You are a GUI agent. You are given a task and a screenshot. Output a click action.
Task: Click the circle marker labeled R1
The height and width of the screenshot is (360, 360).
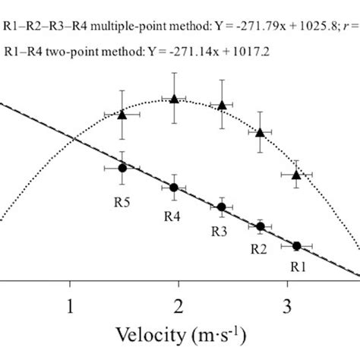point(296,245)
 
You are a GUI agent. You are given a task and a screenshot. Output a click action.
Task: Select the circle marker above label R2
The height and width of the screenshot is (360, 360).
point(261,226)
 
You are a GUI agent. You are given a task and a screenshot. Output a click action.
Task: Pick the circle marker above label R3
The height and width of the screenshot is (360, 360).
point(221,207)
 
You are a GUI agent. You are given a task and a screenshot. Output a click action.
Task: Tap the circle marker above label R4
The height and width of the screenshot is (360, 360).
point(174,188)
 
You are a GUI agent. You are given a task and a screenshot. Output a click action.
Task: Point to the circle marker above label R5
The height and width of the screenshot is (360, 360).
point(122,168)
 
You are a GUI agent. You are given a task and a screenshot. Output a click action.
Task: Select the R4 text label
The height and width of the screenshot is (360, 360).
point(173,216)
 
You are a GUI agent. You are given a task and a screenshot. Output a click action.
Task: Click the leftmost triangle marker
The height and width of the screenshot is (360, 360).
point(122,115)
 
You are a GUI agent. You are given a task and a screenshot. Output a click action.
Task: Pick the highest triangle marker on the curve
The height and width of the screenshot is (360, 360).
point(175,99)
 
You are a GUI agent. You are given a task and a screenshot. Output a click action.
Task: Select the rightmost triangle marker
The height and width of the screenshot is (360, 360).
point(296,175)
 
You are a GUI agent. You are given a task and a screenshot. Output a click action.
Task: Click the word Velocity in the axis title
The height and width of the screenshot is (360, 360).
point(148,335)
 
